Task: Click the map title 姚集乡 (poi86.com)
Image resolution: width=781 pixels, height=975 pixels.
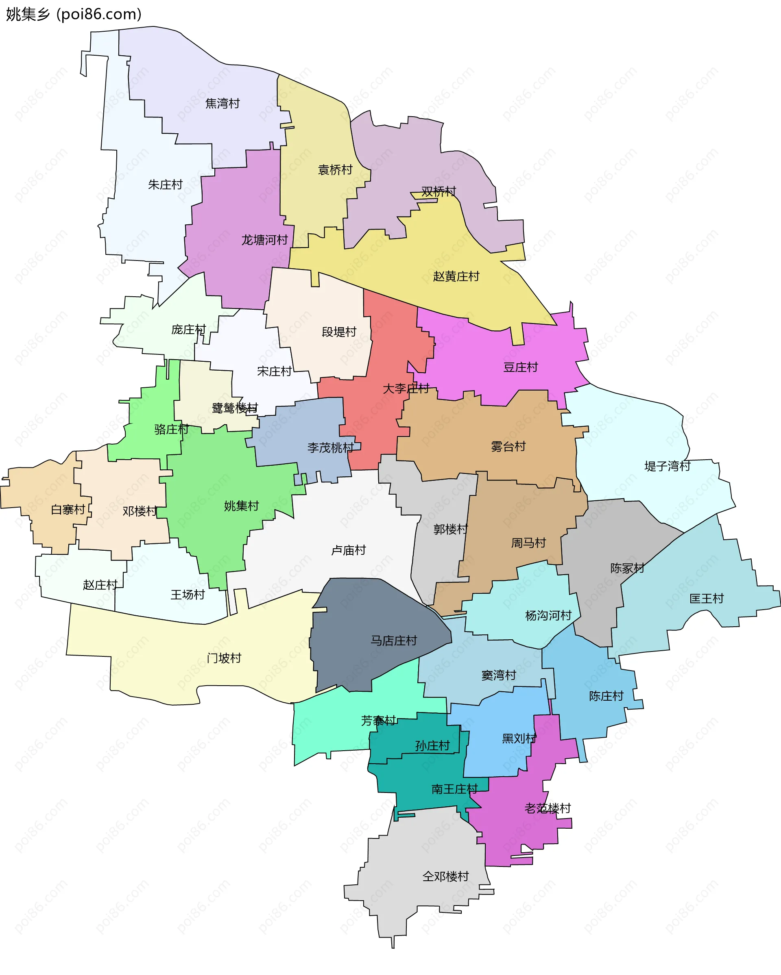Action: point(73,15)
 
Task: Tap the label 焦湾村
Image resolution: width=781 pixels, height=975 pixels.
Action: point(222,104)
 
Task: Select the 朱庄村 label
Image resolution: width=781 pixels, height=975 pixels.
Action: point(165,185)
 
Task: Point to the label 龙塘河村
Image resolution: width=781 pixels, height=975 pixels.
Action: point(264,240)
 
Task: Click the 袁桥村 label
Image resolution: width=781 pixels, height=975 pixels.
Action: point(335,169)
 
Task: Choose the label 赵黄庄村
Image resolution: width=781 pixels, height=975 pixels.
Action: point(456,276)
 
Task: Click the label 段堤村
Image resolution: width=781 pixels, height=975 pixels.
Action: point(339,332)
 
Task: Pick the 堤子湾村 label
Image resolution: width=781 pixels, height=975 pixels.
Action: point(667,466)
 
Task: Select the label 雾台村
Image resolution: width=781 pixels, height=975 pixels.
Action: point(508,447)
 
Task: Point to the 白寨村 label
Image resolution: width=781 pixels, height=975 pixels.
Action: point(68,510)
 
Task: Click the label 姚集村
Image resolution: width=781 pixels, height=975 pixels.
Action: point(241,506)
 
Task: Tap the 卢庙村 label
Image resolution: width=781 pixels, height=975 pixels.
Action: point(349,550)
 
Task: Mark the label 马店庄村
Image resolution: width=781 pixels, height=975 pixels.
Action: point(394,641)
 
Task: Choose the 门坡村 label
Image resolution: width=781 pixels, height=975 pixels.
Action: point(224,658)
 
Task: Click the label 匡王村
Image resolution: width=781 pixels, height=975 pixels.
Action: point(706,599)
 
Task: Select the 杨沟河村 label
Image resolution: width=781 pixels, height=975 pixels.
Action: point(548,615)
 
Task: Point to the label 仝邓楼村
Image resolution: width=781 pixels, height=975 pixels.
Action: point(445,876)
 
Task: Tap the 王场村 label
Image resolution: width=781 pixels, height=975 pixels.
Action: point(188,595)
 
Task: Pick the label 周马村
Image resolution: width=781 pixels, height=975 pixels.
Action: point(528,543)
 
